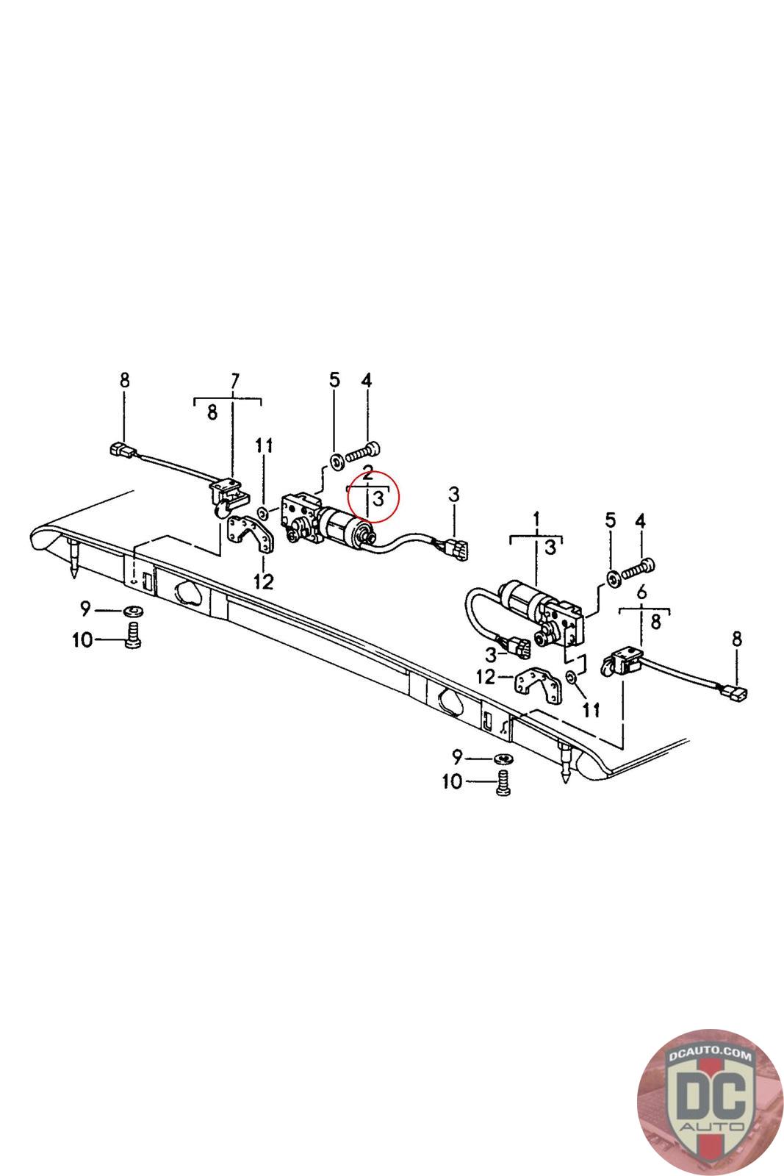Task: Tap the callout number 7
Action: click(x=234, y=381)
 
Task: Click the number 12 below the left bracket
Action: click(x=263, y=581)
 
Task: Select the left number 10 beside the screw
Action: click(x=83, y=639)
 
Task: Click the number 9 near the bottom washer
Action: click(x=457, y=756)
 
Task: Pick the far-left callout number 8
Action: click(x=124, y=380)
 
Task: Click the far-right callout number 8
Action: click(x=737, y=639)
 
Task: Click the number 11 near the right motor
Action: click(x=591, y=709)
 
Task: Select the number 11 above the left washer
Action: click(x=265, y=445)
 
